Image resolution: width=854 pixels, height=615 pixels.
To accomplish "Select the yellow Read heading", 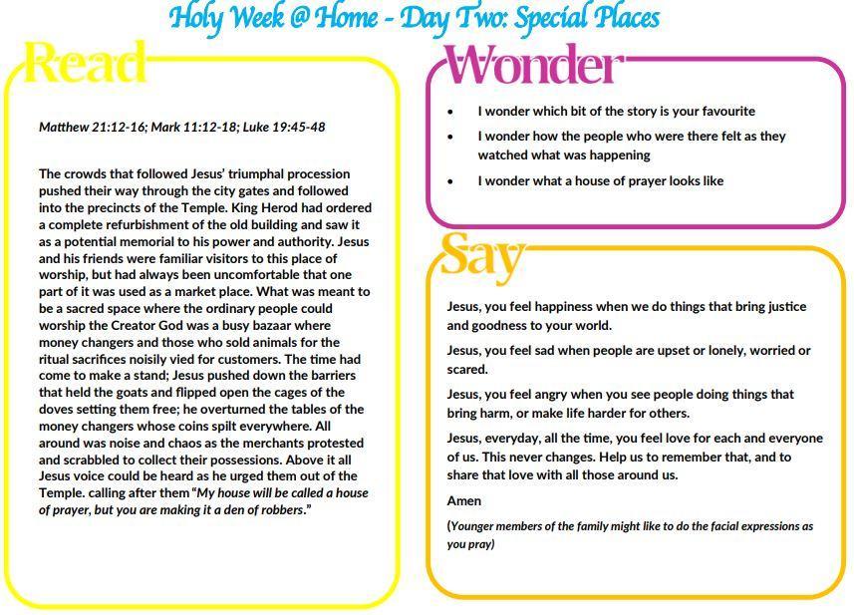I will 85,64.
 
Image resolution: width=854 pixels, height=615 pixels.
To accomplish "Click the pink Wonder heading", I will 533,66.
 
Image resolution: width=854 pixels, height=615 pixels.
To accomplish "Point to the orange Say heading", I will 480,255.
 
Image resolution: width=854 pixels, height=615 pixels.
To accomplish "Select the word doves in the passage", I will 58,409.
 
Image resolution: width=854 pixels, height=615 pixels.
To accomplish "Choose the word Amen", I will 463,500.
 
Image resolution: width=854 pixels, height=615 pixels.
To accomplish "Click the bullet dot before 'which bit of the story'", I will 450,113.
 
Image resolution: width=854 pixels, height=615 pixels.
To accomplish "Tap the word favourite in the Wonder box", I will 723,111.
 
